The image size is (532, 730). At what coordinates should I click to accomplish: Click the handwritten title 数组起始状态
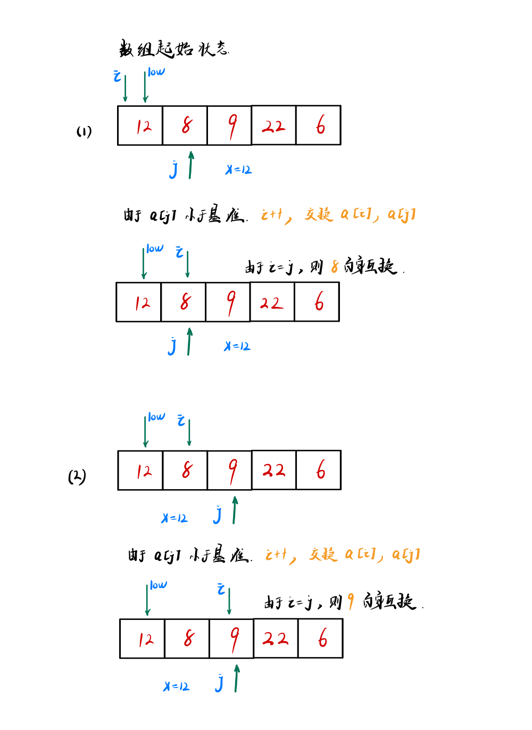pos(173,49)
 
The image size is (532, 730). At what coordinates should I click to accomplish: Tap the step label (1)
pos(84,131)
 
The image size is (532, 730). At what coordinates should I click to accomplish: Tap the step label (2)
pos(77,476)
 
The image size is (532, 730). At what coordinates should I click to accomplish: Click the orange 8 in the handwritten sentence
pos(335,266)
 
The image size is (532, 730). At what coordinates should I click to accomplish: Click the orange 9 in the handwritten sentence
pos(351,601)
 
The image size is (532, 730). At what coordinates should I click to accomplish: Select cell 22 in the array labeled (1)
pos(273,125)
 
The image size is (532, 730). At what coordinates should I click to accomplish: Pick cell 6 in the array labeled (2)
pos(319,470)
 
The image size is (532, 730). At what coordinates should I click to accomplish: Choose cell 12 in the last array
pos(143,639)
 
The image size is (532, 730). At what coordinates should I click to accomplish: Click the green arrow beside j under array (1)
pos(191,165)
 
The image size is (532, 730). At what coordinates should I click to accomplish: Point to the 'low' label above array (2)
pos(156,417)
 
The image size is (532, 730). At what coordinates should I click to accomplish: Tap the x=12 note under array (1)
pos(238,170)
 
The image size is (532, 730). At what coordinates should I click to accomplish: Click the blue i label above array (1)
pos(117,76)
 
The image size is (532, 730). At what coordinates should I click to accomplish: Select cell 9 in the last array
pos(232,639)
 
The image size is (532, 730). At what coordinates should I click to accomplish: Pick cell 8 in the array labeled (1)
pos(185,125)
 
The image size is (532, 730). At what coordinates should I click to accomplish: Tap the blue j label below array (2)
pos(217,515)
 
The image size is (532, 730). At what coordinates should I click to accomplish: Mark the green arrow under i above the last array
pos(229,601)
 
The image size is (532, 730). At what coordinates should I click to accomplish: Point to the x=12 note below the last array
pos(177,686)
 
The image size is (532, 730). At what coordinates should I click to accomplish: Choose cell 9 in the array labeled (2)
pos(230,470)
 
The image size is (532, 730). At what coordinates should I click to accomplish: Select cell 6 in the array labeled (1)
pos(319,125)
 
